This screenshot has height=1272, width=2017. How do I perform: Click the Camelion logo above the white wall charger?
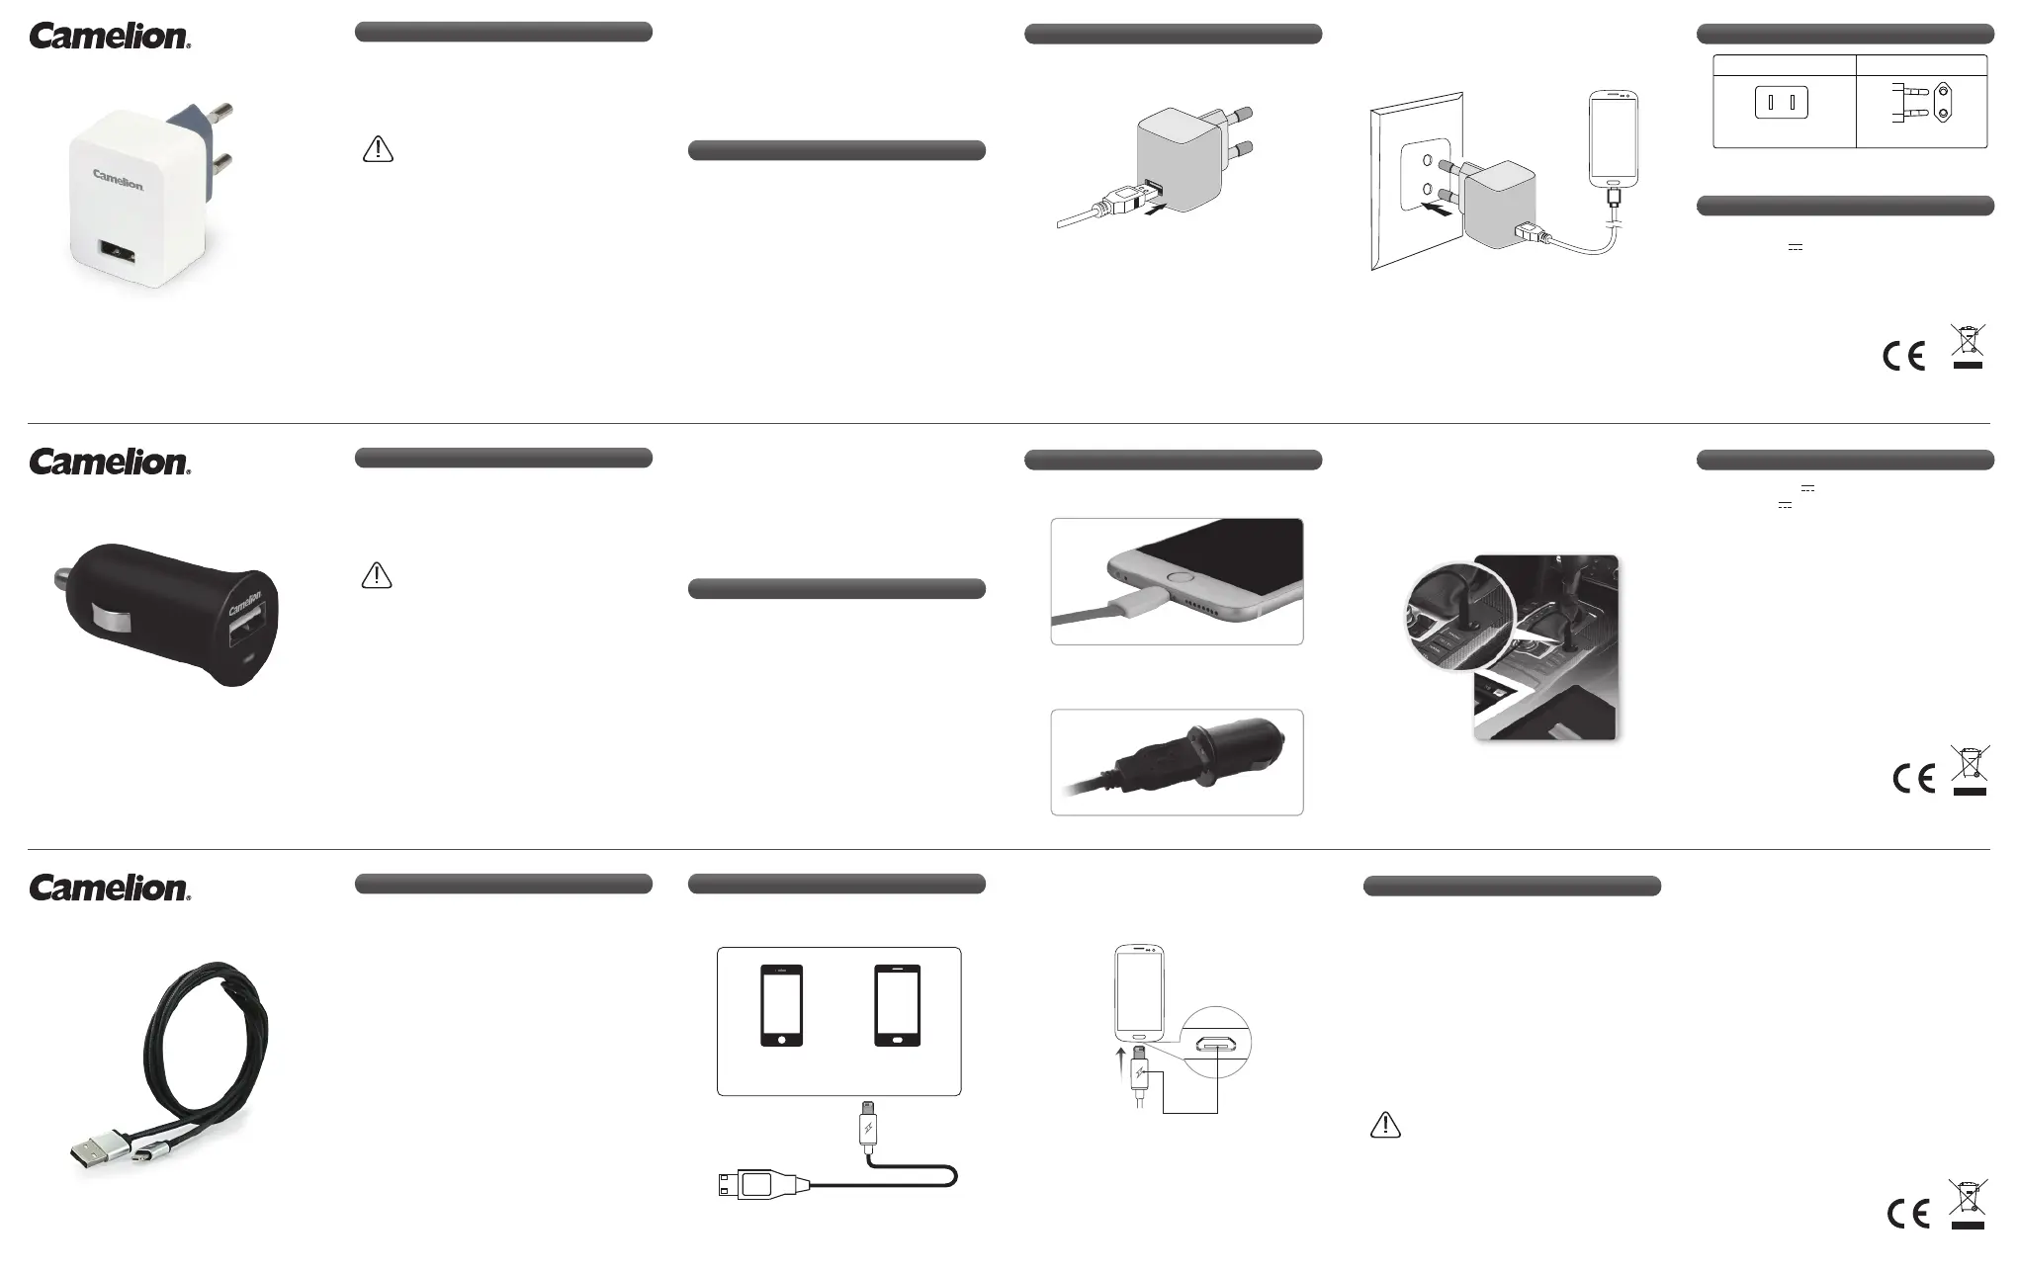click(110, 37)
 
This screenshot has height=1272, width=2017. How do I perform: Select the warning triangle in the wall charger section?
click(378, 149)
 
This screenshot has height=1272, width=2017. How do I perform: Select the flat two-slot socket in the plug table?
click(1781, 103)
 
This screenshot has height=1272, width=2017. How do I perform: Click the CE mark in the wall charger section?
click(1903, 356)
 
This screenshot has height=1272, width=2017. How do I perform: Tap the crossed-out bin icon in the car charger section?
click(1970, 770)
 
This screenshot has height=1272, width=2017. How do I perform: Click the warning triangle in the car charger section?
click(377, 575)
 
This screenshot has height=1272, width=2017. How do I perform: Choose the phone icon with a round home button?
click(781, 1004)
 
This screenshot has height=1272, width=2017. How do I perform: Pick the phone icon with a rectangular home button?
click(898, 1004)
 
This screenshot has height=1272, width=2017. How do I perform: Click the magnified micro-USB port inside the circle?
click(1216, 1043)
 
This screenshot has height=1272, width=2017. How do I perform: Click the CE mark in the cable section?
click(1907, 1213)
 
